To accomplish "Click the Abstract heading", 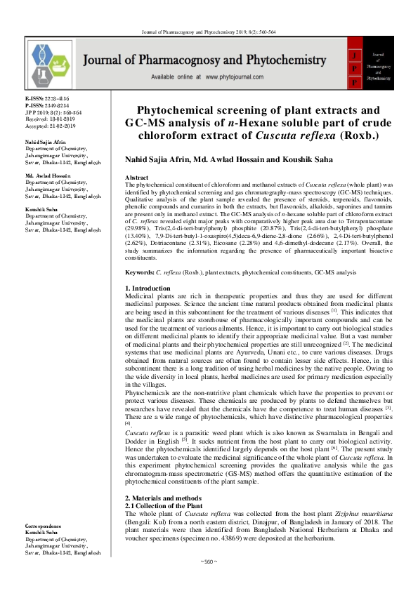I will pyautogui.click(x=136, y=178).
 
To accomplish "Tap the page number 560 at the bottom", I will pyautogui.click(x=209, y=562).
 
